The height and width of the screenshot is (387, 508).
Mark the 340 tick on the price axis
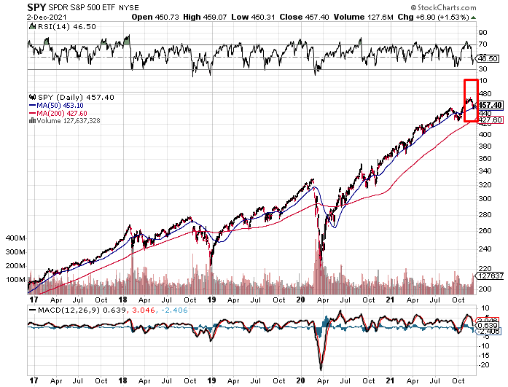(x=484, y=171)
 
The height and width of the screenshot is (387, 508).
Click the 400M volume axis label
(x=15, y=238)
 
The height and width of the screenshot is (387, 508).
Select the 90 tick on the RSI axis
(x=481, y=33)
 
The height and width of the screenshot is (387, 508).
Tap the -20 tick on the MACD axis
(x=482, y=365)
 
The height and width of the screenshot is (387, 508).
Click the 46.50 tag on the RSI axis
(x=488, y=58)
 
